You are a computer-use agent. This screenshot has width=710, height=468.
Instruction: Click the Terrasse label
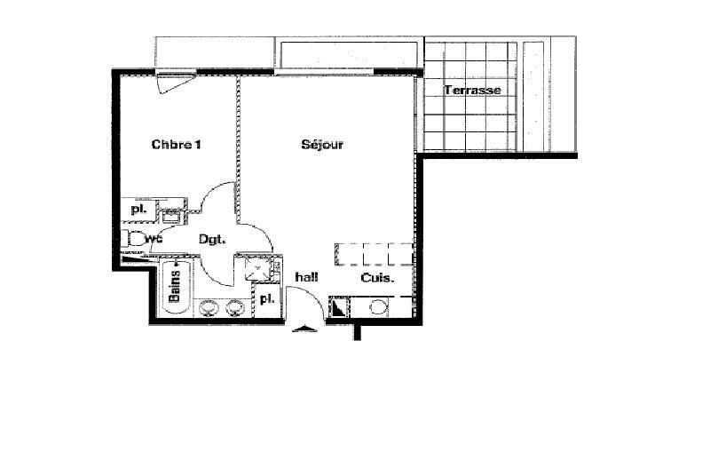pyautogui.click(x=473, y=90)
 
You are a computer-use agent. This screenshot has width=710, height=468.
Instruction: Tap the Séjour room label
pyautogui.click(x=321, y=145)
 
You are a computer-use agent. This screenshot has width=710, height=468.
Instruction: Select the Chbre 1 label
pyautogui.click(x=176, y=145)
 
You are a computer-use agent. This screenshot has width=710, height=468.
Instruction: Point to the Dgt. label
pyautogui.click(x=211, y=239)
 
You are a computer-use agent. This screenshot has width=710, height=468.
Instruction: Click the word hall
pyautogui.click(x=306, y=278)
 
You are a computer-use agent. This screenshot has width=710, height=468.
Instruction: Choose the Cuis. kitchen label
pyautogui.click(x=377, y=278)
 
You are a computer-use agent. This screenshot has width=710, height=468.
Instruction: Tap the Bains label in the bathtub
pyautogui.click(x=175, y=287)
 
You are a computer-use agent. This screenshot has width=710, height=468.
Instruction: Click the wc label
pyautogui.click(x=154, y=239)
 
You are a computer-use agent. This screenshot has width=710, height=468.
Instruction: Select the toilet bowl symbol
pyautogui.click(x=134, y=238)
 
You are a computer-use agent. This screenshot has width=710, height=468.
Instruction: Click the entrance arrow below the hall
pyautogui.click(x=304, y=329)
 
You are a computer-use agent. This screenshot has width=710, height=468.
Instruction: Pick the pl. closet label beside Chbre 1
pyautogui.click(x=138, y=210)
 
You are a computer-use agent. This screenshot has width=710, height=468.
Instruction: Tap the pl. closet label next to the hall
pyautogui.click(x=265, y=300)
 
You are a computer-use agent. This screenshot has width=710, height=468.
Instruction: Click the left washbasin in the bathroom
pyautogui.click(x=209, y=307)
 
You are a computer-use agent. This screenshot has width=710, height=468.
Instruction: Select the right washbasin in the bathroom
pyautogui.click(x=235, y=307)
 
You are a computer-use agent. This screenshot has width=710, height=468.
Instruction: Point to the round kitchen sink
pyautogui.click(x=378, y=307)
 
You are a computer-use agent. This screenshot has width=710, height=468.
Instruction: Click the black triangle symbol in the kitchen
pyautogui.click(x=338, y=307)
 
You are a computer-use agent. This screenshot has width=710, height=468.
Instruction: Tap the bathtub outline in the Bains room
pyautogui.click(x=175, y=286)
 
